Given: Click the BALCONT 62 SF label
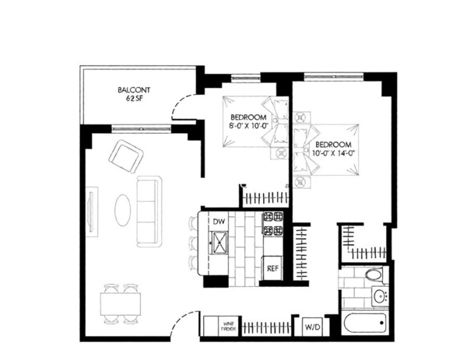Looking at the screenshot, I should pyautogui.click(x=134, y=94).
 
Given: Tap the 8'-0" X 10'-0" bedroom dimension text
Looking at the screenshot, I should pyautogui.click(x=248, y=124).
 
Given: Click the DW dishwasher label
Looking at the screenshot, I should pyautogui.click(x=219, y=222).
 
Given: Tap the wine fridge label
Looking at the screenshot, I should pyautogui.click(x=212, y=327).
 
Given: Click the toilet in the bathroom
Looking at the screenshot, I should pyautogui.click(x=374, y=275).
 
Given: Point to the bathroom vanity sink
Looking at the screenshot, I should pyautogui.click(x=380, y=296).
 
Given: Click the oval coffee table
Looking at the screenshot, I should pyautogui.click(x=125, y=208).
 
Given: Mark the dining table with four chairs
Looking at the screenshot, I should pyautogui.click(x=121, y=303).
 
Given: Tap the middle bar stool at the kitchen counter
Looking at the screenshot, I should pyautogui.click(x=191, y=243).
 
